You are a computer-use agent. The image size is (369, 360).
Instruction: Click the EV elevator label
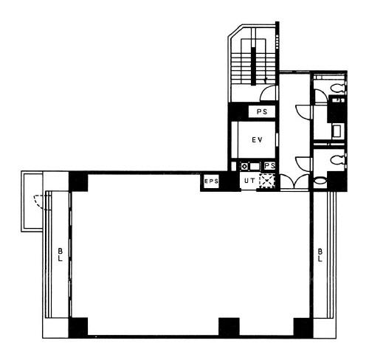click(257, 140)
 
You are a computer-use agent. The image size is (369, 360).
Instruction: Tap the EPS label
click(211, 181)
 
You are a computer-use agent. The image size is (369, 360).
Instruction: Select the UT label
click(249, 181)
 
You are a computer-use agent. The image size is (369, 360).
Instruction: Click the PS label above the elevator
click(262, 112)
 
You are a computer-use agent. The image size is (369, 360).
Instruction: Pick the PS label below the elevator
click(270, 166)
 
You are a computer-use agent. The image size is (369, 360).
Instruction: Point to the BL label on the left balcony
click(61, 255)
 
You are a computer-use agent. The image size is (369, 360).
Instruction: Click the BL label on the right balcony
click(320, 255)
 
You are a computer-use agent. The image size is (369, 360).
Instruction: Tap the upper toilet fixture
click(338, 88)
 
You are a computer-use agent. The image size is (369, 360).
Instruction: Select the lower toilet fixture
click(338, 160)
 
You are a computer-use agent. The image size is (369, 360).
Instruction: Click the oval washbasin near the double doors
click(320, 181)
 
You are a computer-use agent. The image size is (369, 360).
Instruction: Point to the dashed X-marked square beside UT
click(266, 181)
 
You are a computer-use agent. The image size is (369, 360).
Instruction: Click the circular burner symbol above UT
click(244, 167)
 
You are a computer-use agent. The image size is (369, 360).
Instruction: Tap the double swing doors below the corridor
click(294, 181)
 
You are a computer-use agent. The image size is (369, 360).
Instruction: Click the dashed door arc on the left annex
click(39, 201)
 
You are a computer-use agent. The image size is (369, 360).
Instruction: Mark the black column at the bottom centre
click(229, 327)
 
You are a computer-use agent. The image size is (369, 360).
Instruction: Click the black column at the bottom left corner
click(78, 328)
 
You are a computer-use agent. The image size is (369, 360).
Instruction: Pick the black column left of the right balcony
click(303, 327)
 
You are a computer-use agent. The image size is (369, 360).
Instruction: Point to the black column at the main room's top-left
click(78, 181)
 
